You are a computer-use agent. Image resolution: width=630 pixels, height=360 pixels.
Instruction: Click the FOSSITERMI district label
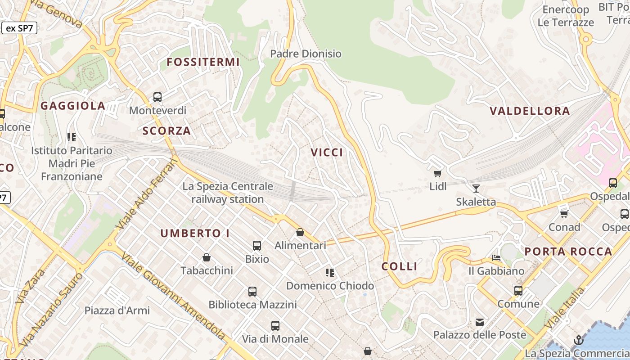click(203, 62)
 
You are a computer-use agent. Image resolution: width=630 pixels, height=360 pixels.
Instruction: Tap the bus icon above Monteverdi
click(157, 97)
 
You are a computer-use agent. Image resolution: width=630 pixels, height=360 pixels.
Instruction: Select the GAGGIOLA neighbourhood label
click(73, 106)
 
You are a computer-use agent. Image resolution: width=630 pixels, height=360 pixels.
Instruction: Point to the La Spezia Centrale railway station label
click(228, 193)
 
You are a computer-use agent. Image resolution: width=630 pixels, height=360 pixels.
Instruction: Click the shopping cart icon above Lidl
click(437, 173)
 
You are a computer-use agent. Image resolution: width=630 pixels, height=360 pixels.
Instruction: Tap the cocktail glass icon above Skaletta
click(476, 188)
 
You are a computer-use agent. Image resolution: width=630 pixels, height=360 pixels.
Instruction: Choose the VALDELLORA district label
click(530, 111)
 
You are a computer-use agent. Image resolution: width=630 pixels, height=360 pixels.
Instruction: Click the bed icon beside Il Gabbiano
click(496, 258)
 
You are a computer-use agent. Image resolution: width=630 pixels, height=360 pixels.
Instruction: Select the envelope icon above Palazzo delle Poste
click(480, 322)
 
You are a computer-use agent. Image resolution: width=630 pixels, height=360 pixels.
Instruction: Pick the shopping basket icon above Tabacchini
click(207, 257)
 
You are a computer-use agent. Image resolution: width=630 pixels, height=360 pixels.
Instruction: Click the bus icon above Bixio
click(257, 246)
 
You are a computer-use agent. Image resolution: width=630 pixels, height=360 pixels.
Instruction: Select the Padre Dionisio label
click(306, 54)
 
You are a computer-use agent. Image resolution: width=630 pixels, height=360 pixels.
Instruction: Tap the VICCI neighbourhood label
click(327, 153)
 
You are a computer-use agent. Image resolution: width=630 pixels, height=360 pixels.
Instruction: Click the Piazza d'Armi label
click(117, 310)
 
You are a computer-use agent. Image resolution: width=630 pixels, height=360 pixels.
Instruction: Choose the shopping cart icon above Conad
click(564, 214)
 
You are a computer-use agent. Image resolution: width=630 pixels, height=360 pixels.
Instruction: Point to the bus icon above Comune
click(518, 291)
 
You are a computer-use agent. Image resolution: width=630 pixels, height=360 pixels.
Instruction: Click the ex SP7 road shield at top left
click(19, 28)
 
